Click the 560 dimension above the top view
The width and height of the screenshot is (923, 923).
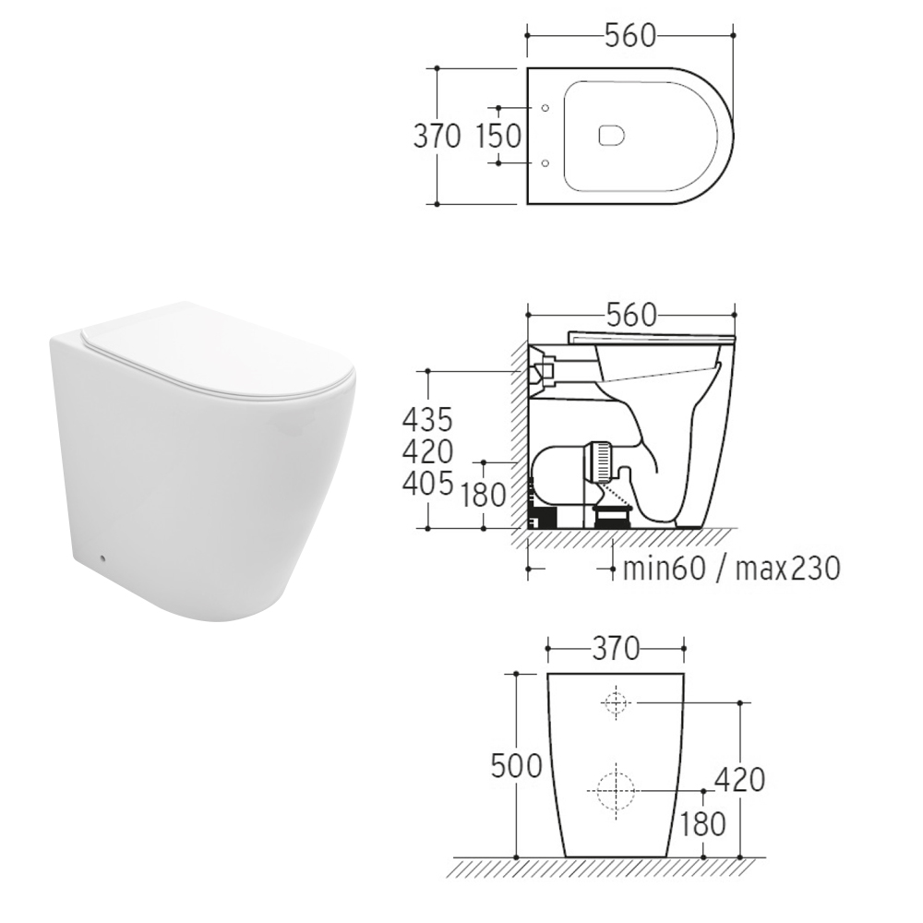(x=629, y=36)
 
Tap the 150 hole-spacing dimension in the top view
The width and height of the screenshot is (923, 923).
(x=498, y=136)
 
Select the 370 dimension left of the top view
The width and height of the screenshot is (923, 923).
(x=437, y=136)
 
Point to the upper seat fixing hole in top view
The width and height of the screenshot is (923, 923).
(x=545, y=108)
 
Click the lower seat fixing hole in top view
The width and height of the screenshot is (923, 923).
(x=545, y=162)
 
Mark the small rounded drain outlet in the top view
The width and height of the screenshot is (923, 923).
(x=611, y=136)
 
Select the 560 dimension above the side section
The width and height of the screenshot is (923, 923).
(x=630, y=316)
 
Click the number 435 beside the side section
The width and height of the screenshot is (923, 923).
(x=427, y=420)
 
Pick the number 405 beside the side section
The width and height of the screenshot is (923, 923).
(x=427, y=484)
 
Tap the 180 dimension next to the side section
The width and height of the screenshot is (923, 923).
(x=483, y=495)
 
